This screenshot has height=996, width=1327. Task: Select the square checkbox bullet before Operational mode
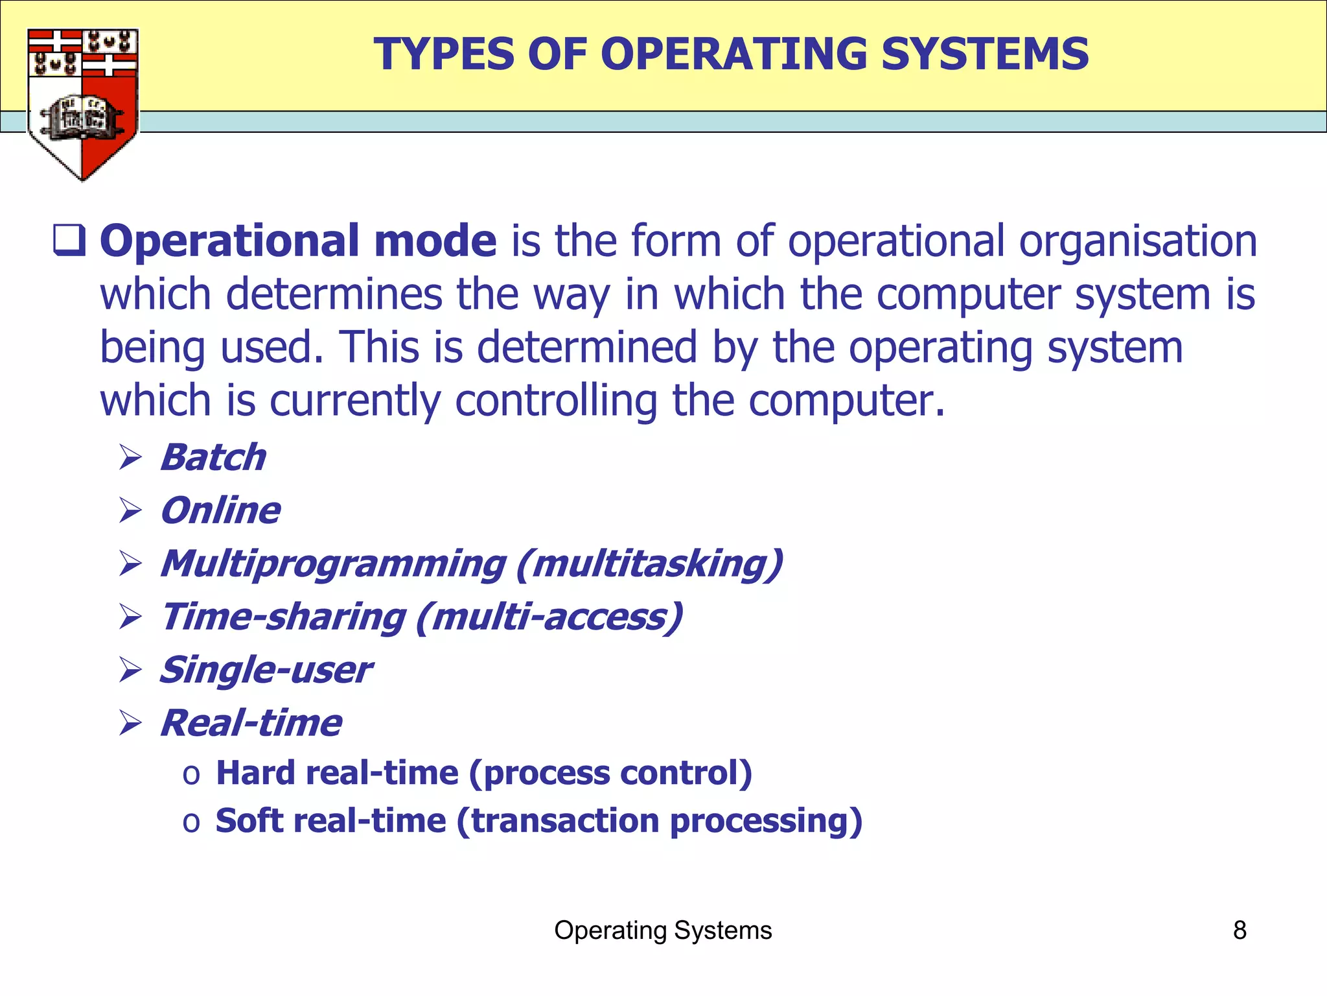click(x=69, y=241)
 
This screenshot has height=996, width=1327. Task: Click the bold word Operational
click(x=230, y=241)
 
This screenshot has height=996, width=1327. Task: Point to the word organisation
click(x=1138, y=241)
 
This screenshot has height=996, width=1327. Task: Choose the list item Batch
click(x=213, y=458)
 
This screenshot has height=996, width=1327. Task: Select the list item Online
click(x=220, y=511)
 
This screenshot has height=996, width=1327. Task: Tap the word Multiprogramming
click(x=333, y=564)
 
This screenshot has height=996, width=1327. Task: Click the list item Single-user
click(x=266, y=670)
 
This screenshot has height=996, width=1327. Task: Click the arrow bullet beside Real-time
click(x=130, y=723)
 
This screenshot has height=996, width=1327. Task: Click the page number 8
click(x=1240, y=931)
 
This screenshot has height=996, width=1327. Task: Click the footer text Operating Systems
click(x=663, y=931)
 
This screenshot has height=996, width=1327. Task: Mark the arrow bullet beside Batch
click(x=130, y=458)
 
